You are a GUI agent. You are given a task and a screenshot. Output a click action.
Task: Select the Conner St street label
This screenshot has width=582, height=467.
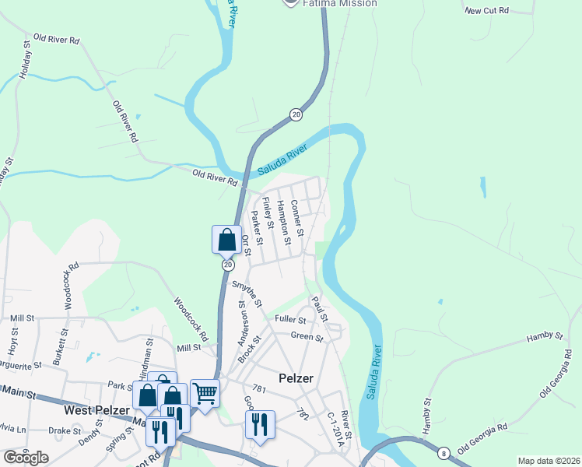[x=296, y=218]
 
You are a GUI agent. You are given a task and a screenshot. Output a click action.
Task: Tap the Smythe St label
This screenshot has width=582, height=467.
[x=247, y=293]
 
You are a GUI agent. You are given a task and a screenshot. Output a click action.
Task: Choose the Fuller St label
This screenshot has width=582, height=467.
[x=290, y=319]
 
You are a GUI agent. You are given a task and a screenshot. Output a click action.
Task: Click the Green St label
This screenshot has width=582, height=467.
[x=307, y=337]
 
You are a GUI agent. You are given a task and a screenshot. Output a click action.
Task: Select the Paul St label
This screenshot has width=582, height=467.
[x=318, y=309]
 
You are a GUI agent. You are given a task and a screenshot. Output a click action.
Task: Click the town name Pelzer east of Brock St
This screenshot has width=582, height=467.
[x=295, y=379]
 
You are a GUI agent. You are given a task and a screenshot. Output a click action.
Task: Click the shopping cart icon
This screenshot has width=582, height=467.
[x=205, y=393]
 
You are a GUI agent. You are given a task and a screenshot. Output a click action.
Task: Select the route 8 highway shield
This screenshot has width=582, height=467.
[x=444, y=453]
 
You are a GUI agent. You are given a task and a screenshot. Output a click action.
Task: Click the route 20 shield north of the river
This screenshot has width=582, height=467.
[x=296, y=114]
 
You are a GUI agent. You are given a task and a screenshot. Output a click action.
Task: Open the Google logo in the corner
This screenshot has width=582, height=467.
[x=26, y=458]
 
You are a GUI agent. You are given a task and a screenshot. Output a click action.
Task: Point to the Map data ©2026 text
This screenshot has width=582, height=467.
[x=549, y=461]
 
